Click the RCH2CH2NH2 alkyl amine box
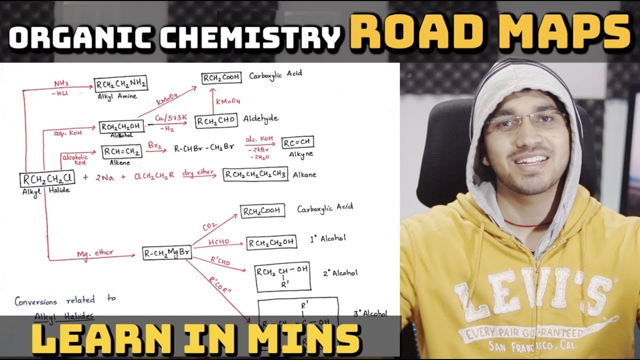pos(121,84)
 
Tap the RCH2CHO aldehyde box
pos(216,121)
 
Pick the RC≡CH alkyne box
pos(298,143)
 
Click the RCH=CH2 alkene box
pos(122,151)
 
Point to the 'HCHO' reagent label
pos(218,241)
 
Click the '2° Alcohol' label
pos(340,273)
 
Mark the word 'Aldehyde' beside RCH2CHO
pos(260,119)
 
